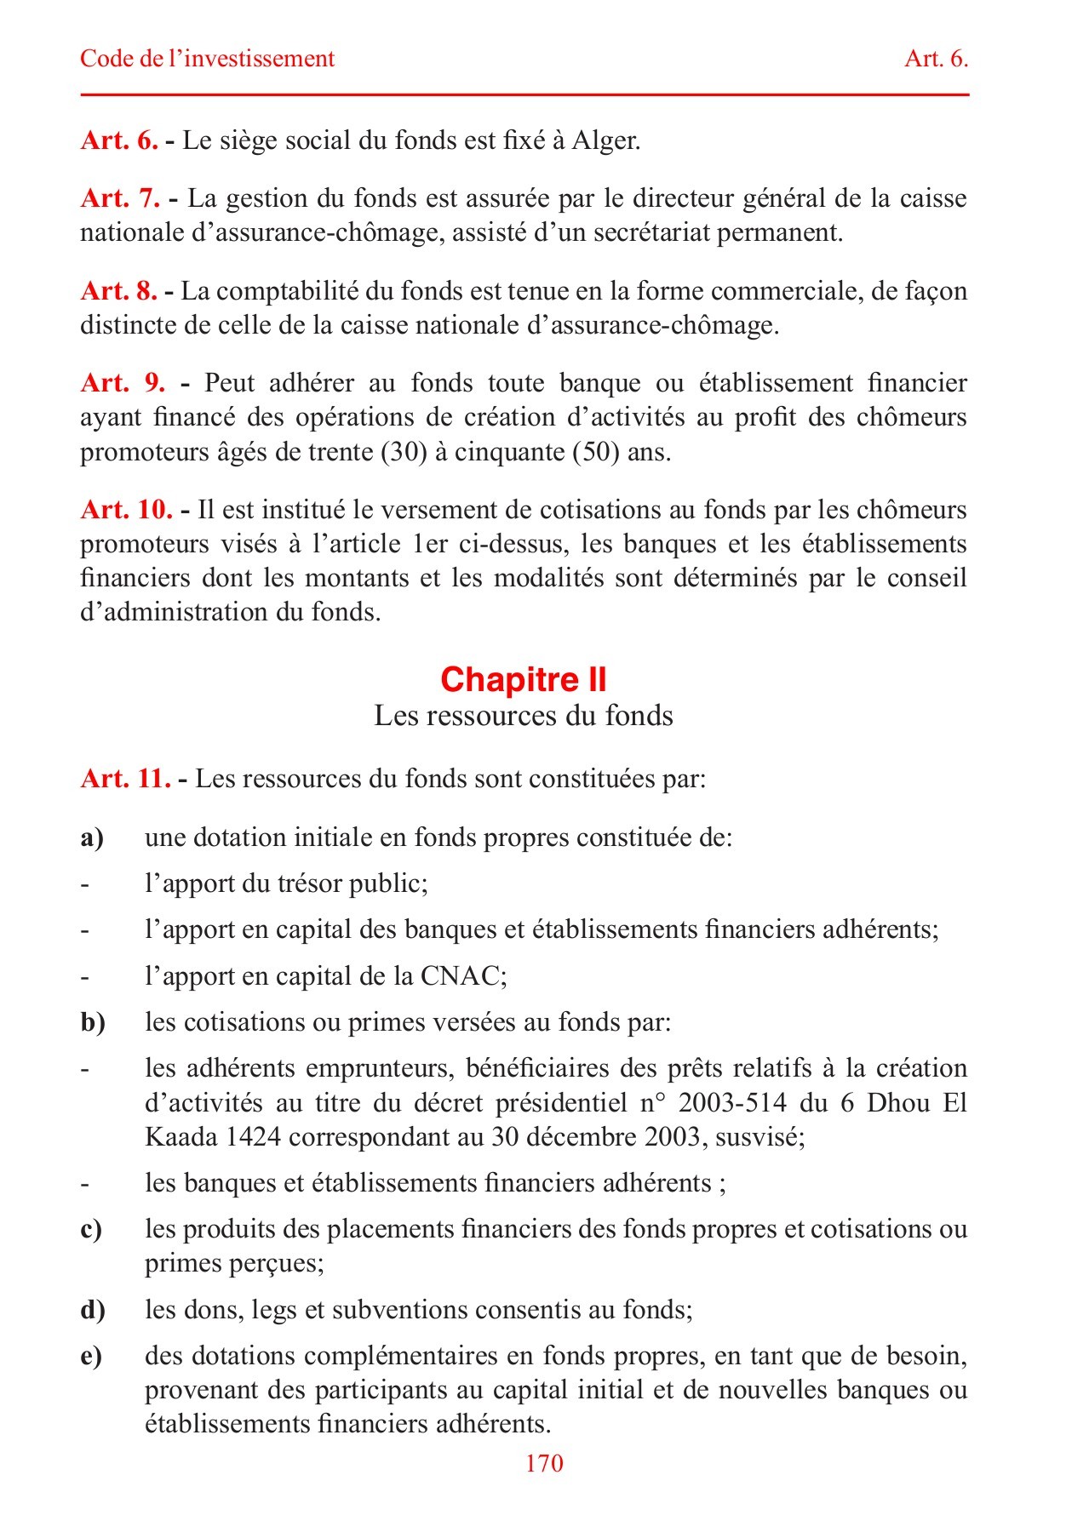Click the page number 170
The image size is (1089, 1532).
click(544, 1463)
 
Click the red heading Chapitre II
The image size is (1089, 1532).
click(523, 679)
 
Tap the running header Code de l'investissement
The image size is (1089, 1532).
click(207, 59)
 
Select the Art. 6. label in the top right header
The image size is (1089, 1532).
click(936, 59)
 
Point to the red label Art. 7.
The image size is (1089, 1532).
click(120, 198)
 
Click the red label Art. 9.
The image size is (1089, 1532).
click(123, 383)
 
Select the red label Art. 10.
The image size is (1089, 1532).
click(126, 510)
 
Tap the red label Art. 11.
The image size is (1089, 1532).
click(125, 779)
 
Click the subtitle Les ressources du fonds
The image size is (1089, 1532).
click(523, 716)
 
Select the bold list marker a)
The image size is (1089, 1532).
click(92, 838)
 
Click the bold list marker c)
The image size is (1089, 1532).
click(91, 1230)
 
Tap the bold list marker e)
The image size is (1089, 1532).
click(91, 1356)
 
